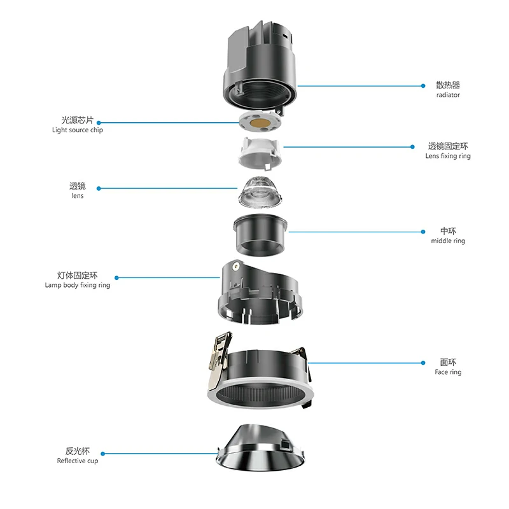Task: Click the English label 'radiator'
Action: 448,95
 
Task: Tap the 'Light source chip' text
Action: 78,130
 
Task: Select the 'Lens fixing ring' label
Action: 448,156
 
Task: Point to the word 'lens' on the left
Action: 78,195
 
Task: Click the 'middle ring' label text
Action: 448,241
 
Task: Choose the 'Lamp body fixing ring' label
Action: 78,285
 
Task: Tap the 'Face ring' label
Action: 448,372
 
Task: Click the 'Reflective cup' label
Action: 78,461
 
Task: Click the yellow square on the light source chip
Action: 260,123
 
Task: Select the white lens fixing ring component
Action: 260,153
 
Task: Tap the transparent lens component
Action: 259,192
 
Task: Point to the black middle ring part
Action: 260,235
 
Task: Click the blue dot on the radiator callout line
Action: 423,86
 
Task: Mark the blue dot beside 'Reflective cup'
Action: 103,454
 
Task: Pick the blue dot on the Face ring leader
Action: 423,363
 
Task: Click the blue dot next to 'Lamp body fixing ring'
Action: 116,278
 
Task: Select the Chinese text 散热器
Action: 448,85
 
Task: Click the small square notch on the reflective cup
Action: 286,443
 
